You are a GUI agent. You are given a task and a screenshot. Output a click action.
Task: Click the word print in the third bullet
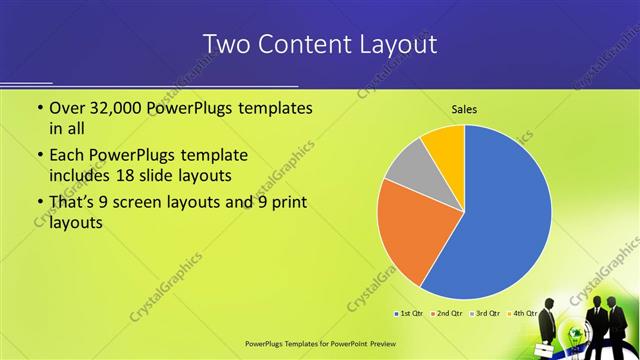286,204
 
